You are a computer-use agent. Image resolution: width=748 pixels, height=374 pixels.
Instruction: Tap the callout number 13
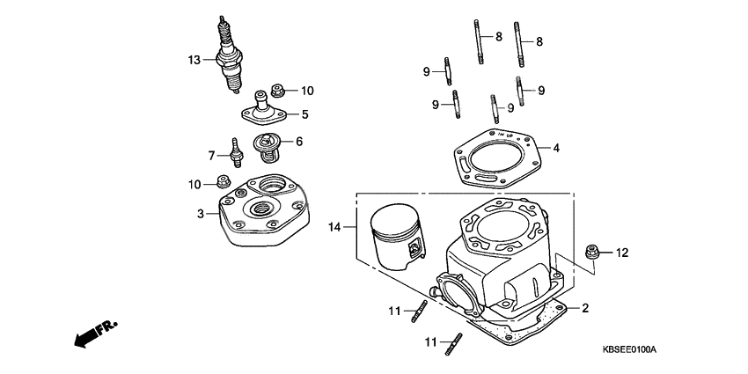point(194,60)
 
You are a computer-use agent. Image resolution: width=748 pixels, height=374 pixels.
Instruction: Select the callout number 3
point(201,213)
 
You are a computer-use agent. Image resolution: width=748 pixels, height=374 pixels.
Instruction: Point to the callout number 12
point(622,253)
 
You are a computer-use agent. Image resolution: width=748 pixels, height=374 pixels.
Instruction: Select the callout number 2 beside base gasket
point(584,308)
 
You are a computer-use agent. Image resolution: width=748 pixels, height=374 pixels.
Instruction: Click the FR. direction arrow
point(95,334)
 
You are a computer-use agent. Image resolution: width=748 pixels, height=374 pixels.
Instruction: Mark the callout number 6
point(299,141)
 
